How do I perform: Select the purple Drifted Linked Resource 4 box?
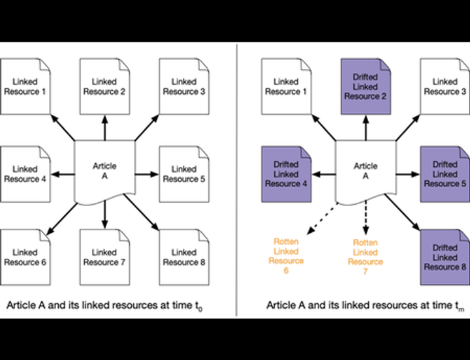coord(285,174)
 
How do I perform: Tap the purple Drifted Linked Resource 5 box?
coord(445,174)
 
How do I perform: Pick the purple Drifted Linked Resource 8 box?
coord(445,257)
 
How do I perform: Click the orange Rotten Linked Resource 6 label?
coord(286,256)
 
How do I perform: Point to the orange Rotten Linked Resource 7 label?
coord(365,256)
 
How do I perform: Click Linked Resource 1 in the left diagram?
coord(25,86)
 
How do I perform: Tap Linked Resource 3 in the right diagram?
coord(445,86)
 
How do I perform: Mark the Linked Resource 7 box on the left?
coord(104,256)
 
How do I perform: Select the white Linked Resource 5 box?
coord(184,173)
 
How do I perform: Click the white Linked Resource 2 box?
coord(104,86)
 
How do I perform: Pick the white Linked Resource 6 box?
coord(25,256)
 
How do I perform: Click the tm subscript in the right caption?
coord(459,307)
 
